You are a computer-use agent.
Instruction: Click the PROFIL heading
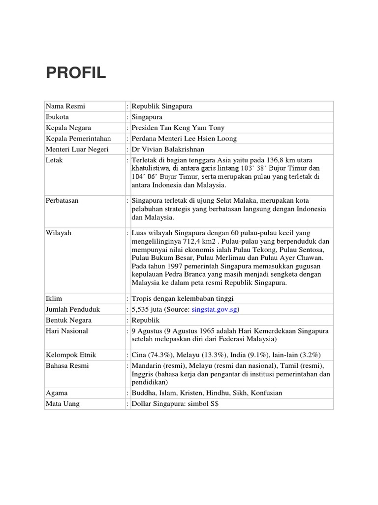pyautogui.click(x=76, y=72)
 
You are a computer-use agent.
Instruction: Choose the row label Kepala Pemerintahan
pyautogui.click(x=78, y=139)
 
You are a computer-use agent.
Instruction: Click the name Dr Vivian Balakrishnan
pyautogui.click(x=167, y=149)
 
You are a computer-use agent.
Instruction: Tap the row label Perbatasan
pyautogui.click(x=62, y=201)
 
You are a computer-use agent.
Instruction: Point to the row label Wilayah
pyautogui.click(x=59, y=233)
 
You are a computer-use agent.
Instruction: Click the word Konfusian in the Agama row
pyautogui.click(x=266, y=393)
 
